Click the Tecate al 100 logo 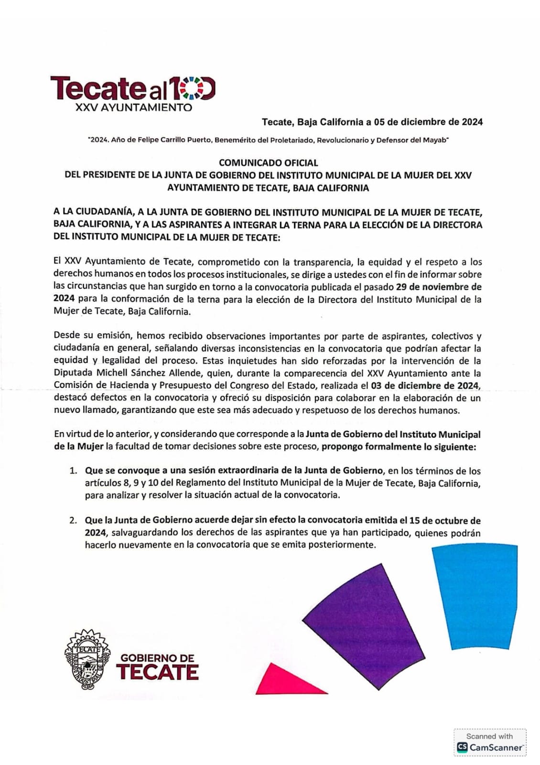coord(133,88)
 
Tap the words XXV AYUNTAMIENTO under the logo coord(133,108)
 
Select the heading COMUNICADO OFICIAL coord(268,163)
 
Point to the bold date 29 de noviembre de coord(439,287)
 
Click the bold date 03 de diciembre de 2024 coord(425,385)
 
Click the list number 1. coord(73,471)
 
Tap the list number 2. coord(73,521)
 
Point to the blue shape coord(474,595)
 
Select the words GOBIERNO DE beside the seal coord(157,658)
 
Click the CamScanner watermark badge coord(489,743)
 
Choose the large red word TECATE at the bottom coord(157,672)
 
